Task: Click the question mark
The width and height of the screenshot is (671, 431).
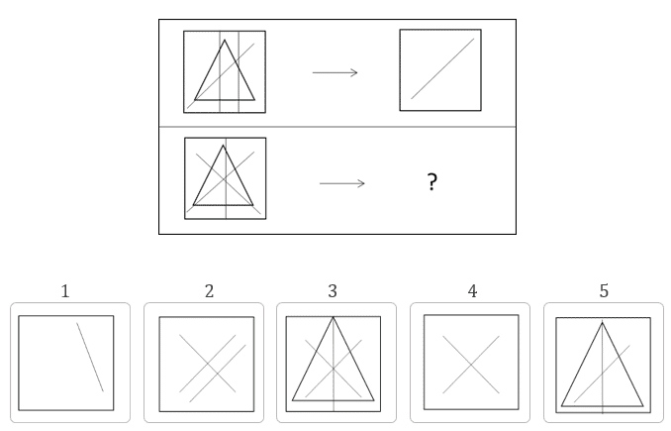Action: [x=432, y=182]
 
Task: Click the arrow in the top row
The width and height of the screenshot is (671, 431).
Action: [x=335, y=72]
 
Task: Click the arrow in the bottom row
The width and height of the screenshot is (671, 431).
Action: [x=341, y=183]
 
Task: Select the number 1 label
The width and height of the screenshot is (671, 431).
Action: [x=65, y=291]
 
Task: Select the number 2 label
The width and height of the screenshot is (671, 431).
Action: [x=209, y=291]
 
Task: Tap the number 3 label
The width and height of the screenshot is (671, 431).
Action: [x=333, y=291]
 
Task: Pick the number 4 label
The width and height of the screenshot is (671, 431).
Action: [x=472, y=291]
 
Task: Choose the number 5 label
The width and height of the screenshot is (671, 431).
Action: [x=604, y=291]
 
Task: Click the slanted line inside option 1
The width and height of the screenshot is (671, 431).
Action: [x=90, y=357]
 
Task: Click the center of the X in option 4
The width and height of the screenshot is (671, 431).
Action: [x=471, y=365]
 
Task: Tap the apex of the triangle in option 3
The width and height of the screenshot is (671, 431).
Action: [x=333, y=317]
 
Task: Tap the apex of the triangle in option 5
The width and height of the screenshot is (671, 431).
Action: [x=602, y=323]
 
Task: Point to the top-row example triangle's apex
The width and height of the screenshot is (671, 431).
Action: [x=225, y=41]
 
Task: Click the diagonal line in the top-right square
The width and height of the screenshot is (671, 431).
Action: [x=442, y=69]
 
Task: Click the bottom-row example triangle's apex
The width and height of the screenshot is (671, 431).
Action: [x=223, y=146]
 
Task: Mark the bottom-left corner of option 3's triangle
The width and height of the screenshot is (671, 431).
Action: [x=292, y=400]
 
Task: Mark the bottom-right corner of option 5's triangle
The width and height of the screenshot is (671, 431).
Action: [x=643, y=405]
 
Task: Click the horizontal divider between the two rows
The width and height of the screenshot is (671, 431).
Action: [x=337, y=127]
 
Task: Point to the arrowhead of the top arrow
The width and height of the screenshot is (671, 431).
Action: [x=357, y=72]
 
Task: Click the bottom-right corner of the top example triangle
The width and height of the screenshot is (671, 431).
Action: [x=254, y=100]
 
